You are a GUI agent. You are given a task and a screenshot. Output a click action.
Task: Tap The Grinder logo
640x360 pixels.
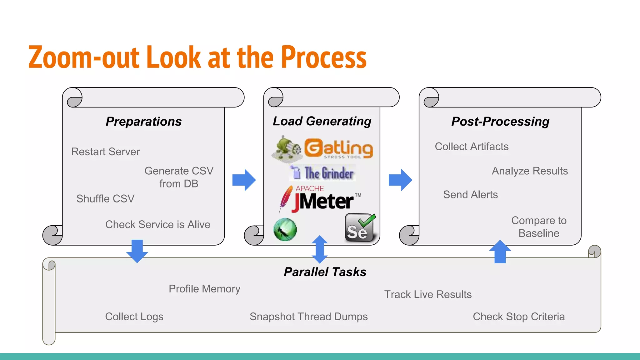point(323,173)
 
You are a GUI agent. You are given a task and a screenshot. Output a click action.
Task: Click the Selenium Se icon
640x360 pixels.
point(360,228)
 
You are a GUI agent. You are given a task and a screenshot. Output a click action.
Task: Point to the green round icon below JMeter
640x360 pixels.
point(285,230)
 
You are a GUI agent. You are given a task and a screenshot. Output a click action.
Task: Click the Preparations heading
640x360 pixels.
point(143,121)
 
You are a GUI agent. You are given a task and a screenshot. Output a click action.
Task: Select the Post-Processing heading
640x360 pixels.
point(500,121)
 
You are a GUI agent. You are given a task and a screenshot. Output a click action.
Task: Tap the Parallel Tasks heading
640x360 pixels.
point(325,272)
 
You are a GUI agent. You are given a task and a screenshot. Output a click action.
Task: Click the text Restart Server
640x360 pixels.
point(105,152)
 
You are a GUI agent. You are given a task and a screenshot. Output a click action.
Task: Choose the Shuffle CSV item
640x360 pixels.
point(105,199)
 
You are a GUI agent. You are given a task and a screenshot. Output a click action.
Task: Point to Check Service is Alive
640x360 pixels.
point(157,224)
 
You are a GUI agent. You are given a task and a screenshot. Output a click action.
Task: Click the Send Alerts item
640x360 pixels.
point(470,195)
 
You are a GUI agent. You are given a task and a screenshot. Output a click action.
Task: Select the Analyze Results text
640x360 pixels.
point(530,171)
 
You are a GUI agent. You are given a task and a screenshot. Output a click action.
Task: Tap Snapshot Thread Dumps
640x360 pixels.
point(308,317)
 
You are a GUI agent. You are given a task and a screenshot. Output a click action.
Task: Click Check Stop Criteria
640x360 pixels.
point(519,317)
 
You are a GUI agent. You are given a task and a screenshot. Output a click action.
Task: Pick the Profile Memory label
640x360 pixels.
point(204,289)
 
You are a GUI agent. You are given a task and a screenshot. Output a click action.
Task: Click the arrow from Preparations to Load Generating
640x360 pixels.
point(244,180)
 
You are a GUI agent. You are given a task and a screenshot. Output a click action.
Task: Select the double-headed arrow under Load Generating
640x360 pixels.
point(320,249)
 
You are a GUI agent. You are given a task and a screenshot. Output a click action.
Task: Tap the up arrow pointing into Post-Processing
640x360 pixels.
point(500,251)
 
